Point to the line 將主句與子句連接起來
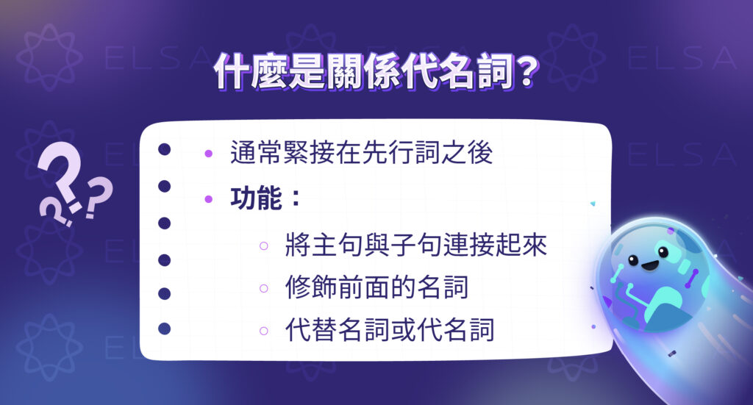416,245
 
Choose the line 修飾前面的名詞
376,287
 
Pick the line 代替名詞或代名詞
390,330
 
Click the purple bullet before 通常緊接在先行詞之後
209,154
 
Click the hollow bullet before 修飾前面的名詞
263,289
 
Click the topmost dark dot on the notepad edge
165,150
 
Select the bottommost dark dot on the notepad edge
165,329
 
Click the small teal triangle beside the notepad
593,204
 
